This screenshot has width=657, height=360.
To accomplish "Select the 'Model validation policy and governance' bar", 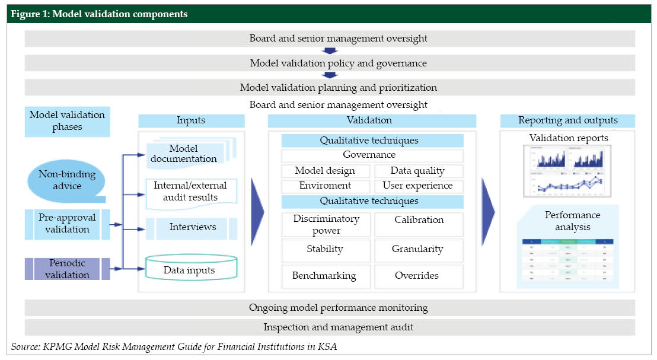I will [x=330, y=63].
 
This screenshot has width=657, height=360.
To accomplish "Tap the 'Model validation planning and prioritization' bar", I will [x=330, y=87].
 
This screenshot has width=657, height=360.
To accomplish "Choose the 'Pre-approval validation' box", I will [x=67, y=224].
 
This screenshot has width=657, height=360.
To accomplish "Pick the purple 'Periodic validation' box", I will [x=67, y=269].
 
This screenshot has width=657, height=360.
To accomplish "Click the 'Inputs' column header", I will [x=191, y=120].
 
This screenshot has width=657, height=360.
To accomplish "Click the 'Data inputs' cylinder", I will [x=190, y=270].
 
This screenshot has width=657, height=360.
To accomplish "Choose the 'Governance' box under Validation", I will [x=372, y=155].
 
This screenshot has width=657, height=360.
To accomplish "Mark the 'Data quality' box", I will [x=417, y=171].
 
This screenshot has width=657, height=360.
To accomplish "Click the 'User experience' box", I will [x=417, y=186].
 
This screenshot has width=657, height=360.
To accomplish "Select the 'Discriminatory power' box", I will [x=326, y=224].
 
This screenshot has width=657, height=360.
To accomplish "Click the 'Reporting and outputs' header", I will [x=567, y=120].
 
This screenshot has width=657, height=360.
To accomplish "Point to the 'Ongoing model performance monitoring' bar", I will [x=330, y=308].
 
